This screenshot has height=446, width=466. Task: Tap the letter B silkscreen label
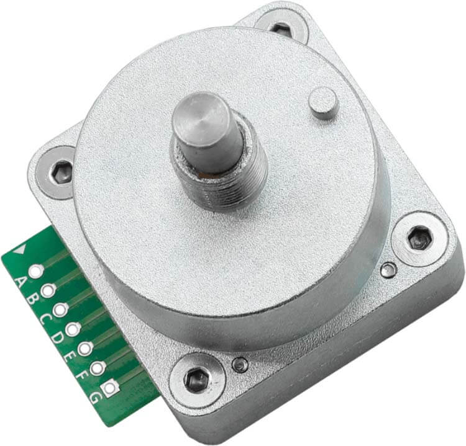[32, 300]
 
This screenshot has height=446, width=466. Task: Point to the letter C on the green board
[44, 319]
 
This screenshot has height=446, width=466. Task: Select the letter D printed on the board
[57, 337]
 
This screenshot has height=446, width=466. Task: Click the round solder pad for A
[36, 271]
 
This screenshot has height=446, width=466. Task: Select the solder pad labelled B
[48, 290]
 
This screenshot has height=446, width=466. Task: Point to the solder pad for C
[60, 310]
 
